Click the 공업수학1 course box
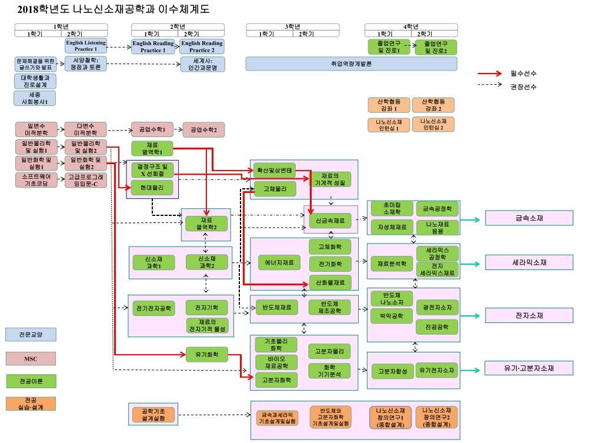pyautogui.click(x=152, y=129)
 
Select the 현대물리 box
pyautogui.click(x=152, y=187)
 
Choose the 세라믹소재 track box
pyautogui.click(x=529, y=262)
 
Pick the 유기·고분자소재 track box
pyautogui.click(x=529, y=368)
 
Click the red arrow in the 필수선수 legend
pyautogui.click(x=492, y=74)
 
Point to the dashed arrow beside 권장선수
pyautogui.click(x=492, y=86)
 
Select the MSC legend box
pyautogui.click(x=31, y=358)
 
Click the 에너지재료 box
pyautogui.click(x=279, y=262)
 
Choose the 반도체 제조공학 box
pyautogui.click(x=329, y=307)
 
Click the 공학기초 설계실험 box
pyautogui.click(x=152, y=414)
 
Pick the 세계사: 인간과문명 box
pyautogui.click(x=202, y=64)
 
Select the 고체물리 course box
pyautogui.click(x=275, y=188)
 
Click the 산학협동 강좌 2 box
pyautogui.click(x=433, y=105)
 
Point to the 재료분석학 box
pyautogui.click(x=392, y=263)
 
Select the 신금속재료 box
pyautogui.click(x=330, y=221)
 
